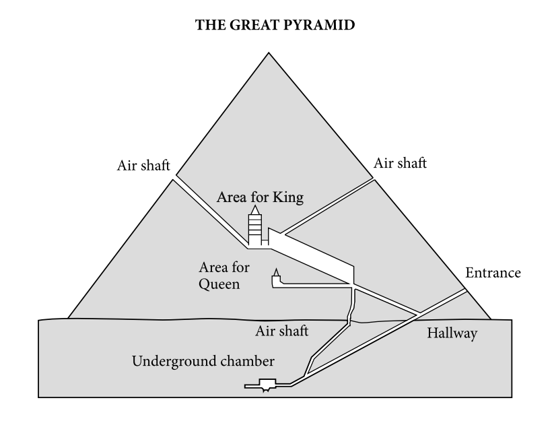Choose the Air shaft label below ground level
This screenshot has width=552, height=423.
pos(282,331)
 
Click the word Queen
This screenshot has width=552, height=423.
pos(219,284)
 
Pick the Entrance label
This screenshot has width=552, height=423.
pos(493,273)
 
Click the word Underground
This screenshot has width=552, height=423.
pos(168,360)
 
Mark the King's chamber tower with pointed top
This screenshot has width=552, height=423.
pos(254,229)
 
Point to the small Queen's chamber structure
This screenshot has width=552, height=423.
pos(275,279)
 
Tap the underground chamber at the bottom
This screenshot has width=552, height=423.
pos(269,386)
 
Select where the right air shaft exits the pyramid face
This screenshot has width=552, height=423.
pos(373,179)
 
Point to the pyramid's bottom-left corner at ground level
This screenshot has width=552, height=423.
pos(68,317)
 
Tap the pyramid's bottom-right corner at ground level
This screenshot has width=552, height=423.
pos(490,318)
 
